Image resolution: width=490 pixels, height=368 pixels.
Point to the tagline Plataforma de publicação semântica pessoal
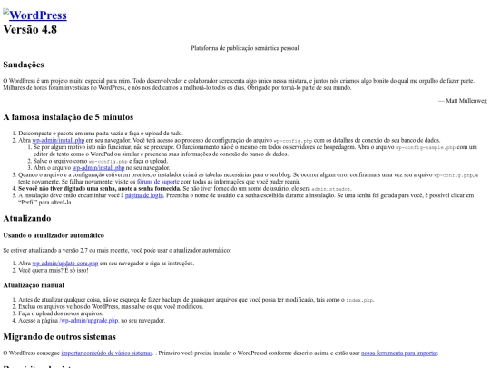click(245, 47)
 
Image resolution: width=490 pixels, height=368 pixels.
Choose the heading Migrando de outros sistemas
click(73, 337)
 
